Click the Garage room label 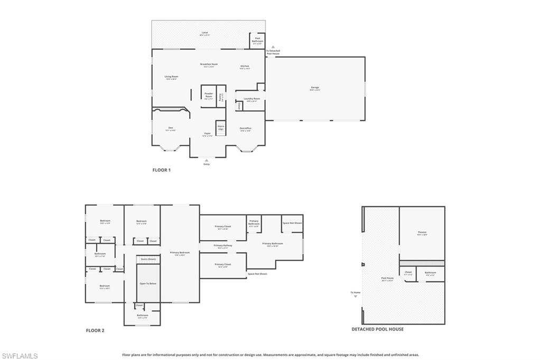[315, 88]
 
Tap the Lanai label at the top [204, 33]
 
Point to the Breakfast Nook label [209, 65]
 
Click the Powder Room [208, 96]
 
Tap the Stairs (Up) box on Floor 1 [221, 127]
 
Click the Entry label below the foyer [207, 164]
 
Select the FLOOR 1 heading [162, 170]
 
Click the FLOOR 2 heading [95, 331]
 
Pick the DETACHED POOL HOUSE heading [378, 329]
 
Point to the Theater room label [422, 233]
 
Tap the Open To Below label [148, 283]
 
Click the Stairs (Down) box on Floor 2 [148, 259]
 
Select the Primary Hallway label [223, 246]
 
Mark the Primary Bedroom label [180, 253]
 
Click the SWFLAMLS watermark [20, 356]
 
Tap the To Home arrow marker [356, 296]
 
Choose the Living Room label [171, 77]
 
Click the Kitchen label [245, 67]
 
